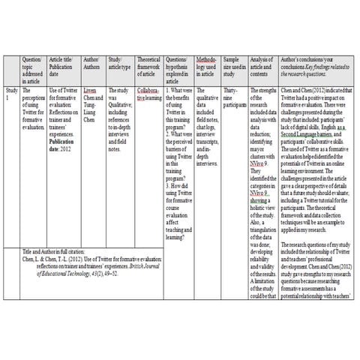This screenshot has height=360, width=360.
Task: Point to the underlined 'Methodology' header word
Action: [x=205, y=61]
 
